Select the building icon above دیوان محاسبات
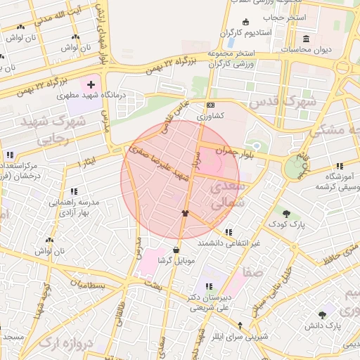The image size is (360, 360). (305, 39)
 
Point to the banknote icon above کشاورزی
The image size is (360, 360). (210, 105)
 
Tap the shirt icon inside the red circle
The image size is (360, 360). (185, 212)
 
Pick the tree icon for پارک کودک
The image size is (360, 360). (285, 213)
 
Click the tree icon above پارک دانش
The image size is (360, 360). (322, 315)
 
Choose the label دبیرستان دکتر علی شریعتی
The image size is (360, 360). (210, 302)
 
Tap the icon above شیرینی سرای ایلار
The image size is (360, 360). (241, 325)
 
